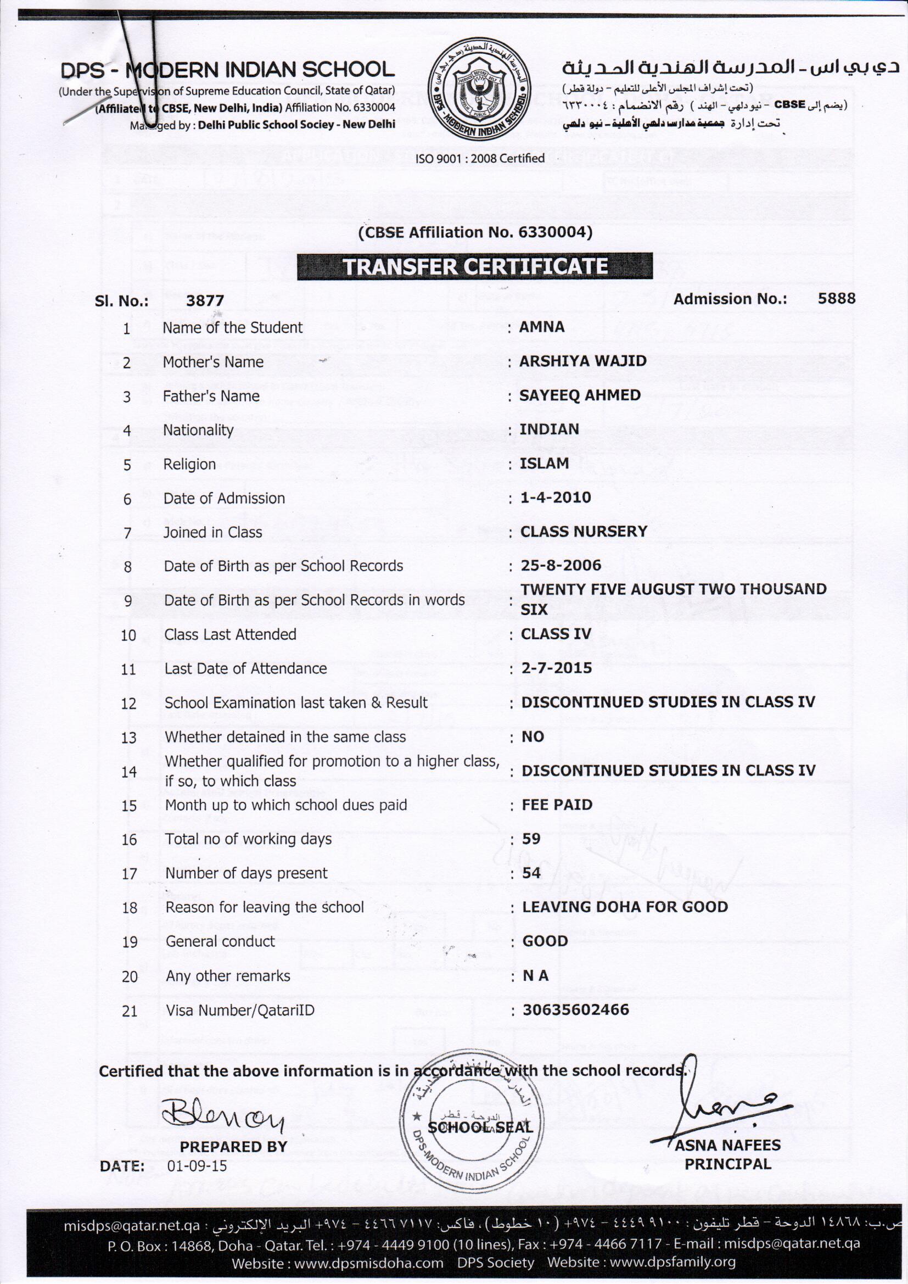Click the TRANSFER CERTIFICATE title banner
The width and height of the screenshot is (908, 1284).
pos(475,266)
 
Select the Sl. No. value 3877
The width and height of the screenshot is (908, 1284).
pos(205,301)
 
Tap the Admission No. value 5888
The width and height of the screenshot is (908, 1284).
pos(836,298)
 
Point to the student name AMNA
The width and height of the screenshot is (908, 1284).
pos(541,327)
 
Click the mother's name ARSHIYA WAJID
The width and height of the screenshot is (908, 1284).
pos(582,361)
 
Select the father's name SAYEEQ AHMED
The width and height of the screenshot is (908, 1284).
pos(580,395)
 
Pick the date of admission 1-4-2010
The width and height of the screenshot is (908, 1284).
pos(555,497)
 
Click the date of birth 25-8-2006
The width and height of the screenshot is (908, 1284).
pos(561,565)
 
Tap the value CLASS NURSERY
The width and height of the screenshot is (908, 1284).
pos(584,531)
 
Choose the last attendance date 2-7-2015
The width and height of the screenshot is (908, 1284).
pos(556,668)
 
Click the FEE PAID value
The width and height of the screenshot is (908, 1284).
pos(557,805)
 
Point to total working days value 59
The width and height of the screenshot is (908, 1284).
pos(531,839)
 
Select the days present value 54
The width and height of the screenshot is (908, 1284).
pos(531,873)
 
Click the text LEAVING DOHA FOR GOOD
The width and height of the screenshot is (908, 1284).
pos(625,907)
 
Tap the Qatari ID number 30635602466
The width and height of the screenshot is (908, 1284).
pos(576,1010)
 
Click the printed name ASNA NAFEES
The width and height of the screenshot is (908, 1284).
pos(727,1145)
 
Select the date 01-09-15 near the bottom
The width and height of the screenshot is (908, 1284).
pos(197,1166)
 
